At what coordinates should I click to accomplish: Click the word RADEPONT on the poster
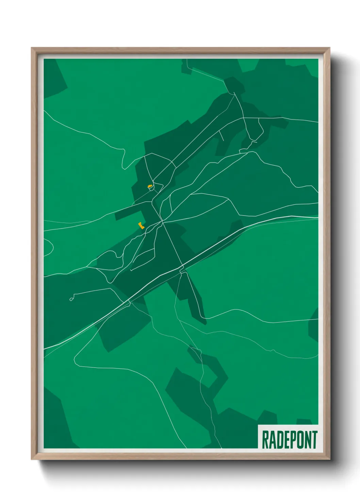coord(289,440)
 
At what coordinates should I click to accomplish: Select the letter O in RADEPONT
coord(299,440)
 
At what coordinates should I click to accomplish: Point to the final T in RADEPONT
coord(314,440)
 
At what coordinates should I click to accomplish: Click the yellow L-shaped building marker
coord(141,225)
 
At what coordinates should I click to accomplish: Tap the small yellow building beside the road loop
coord(149,186)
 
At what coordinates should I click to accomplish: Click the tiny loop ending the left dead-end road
coord(71,299)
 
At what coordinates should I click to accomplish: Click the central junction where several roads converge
coord(163,222)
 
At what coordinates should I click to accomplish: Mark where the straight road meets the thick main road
coord(183,266)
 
